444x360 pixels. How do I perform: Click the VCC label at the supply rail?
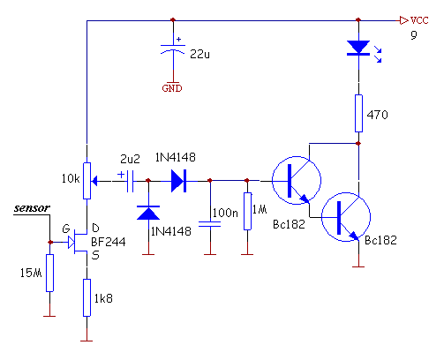coord(419,20)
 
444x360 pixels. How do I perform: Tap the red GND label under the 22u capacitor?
coord(172,88)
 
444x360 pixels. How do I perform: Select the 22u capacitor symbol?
coord(173,49)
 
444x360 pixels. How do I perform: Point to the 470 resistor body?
coord(358,113)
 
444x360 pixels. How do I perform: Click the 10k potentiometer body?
coord(87,181)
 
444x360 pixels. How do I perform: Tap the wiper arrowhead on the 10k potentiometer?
coord(94,181)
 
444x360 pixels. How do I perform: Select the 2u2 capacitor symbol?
coord(130,181)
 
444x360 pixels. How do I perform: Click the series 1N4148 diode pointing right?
coord(178,181)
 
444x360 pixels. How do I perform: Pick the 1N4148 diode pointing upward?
coord(148,213)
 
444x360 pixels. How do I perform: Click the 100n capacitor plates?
coord(210,224)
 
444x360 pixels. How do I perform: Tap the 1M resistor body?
coord(247,211)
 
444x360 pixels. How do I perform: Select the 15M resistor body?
coord(49,273)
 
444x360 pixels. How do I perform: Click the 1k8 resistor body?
coord(87,297)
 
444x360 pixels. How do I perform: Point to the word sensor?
coord(32,208)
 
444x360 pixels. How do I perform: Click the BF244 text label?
coord(109,242)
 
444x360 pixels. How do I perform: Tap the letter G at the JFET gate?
coord(66,229)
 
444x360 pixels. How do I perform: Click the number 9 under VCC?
coord(414,35)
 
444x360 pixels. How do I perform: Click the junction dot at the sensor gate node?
coord(50,242)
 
